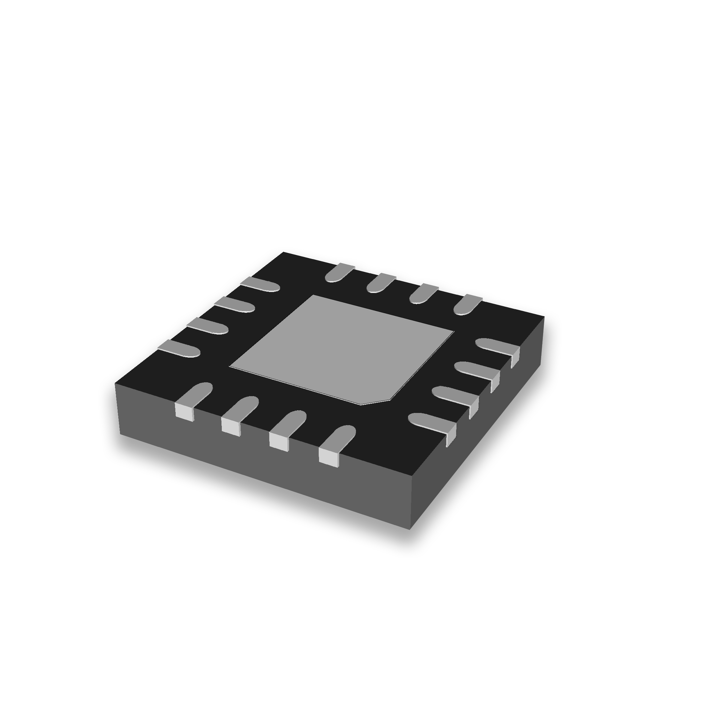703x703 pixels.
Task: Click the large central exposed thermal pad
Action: point(342,349)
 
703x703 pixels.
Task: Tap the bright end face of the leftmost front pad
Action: point(184,412)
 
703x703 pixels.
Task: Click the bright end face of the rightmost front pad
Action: point(328,457)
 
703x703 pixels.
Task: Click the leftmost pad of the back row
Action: point(339,273)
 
